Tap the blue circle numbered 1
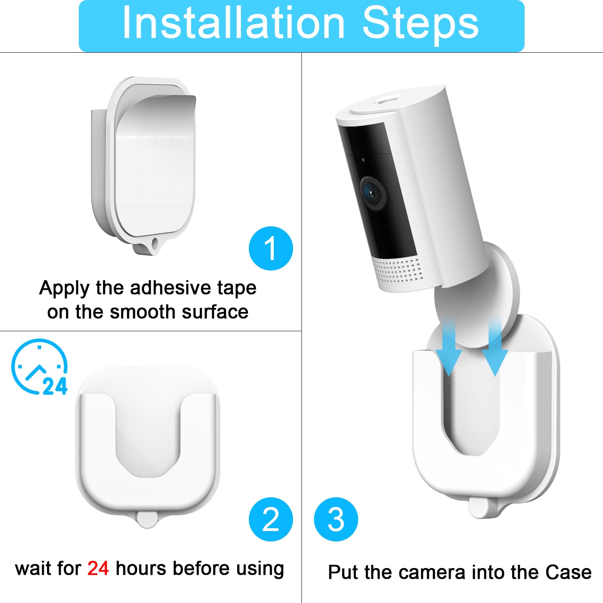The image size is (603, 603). click(x=271, y=248)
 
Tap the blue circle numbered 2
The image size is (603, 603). click(x=271, y=519)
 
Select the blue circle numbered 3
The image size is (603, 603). click(x=336, y=519)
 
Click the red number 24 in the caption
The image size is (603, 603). click(x=98, y=568)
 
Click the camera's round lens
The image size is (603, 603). click(x=373, y=193)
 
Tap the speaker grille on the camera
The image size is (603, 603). click(x=398, y=269)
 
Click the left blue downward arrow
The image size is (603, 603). click(x=450, y=346)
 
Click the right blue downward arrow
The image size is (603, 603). click(x=495, y=346)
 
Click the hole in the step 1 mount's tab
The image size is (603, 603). click(x=154, y=243)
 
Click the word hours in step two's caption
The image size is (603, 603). click(x=141, y=568)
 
